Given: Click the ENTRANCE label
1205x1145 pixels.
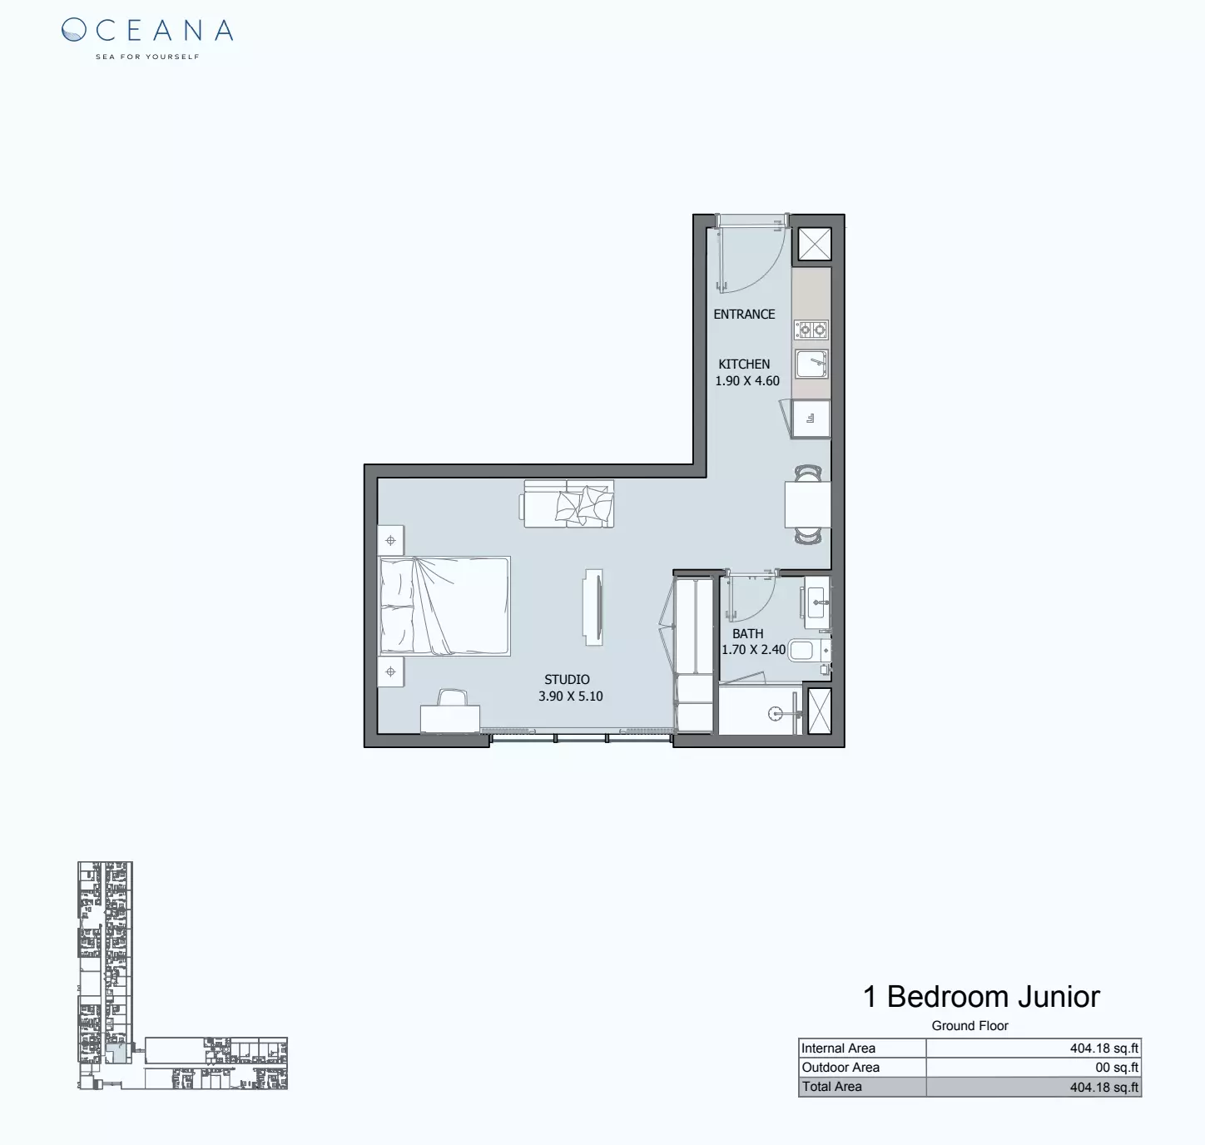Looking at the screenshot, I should coord(744,315).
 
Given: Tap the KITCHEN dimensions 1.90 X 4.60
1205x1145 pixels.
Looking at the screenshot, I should coord(747,381).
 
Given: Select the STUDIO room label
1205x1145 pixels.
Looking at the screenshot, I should coord(567,680).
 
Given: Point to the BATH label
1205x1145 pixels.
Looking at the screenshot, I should coord(747,634).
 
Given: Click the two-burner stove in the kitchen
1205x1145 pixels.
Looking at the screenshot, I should coord(811,330).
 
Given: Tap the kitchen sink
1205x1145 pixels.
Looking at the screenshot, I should coord(811,364).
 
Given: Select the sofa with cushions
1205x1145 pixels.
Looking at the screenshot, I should coord(569,503).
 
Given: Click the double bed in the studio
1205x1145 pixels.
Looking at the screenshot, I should coord(444,606).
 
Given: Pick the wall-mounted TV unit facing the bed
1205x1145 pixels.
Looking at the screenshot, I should coord(593,607).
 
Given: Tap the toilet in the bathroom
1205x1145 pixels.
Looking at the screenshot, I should coord(805,649).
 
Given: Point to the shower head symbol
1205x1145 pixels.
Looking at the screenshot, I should coord(775,713).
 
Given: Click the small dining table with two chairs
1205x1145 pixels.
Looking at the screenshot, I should coord(807,504).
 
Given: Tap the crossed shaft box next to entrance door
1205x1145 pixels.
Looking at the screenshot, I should coord(815,245).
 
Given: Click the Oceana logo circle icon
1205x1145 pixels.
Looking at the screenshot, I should coord(74,31).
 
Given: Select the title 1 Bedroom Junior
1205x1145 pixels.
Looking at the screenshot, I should coord(981,996).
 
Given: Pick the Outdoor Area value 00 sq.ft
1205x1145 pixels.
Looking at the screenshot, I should coord(1116,1068).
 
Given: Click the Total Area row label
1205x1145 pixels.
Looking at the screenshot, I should coord(832,1087).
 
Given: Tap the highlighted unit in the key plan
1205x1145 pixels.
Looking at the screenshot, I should coord(117,1053).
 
